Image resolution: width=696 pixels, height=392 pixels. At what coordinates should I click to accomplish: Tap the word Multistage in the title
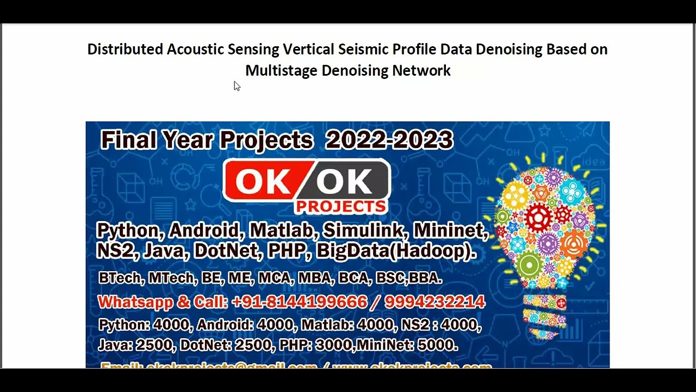click(281, 71)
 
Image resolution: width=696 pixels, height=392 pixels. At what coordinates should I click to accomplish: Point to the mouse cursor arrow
click(237, 85)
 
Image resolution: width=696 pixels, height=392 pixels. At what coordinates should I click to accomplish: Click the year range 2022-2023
click(389, 140)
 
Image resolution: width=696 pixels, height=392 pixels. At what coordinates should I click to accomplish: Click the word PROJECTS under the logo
click(341, 206)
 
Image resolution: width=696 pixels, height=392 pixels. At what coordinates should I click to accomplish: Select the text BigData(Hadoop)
click(396, 250)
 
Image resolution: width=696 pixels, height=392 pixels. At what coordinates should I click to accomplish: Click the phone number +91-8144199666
click(299, 302)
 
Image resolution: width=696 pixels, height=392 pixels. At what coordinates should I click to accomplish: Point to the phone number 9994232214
click(434, 302)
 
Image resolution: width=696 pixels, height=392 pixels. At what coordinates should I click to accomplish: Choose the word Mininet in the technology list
click(451, 231)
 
